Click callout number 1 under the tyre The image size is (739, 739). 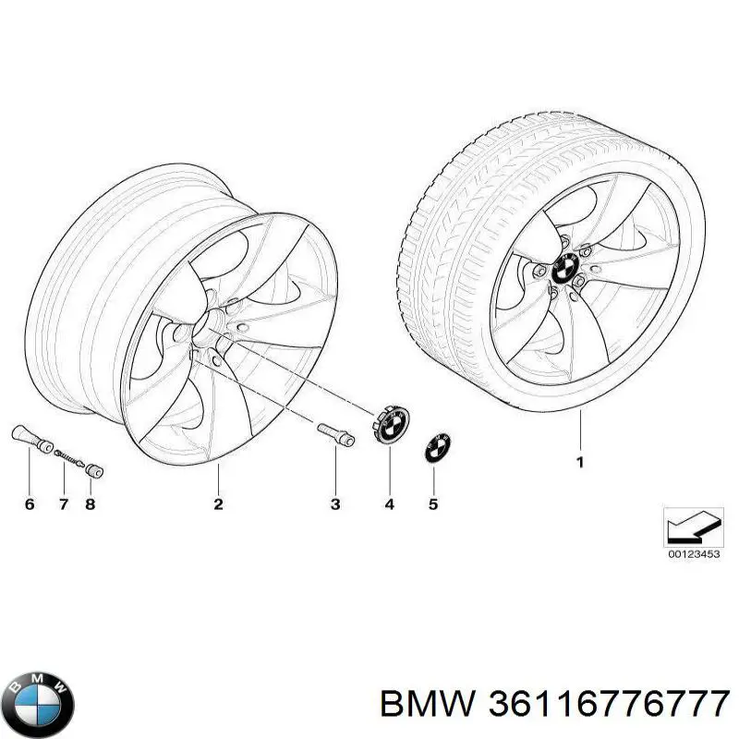click(x=580, y=463)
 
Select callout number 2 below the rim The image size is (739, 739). click(x=218, y=503)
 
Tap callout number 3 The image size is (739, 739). click(x=335, y=504)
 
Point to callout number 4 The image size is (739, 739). click(x=389, y=504)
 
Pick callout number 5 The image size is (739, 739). click(x=433, y=504)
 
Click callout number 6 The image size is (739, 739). click(x=30, y=504)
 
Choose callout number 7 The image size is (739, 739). click(x=64, y=504)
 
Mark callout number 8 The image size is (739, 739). click(x=90, y=504)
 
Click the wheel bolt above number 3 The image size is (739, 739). click(x=335, y=433)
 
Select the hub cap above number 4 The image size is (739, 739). click(x=391, y=423)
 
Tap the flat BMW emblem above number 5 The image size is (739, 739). click(x=437, y=447)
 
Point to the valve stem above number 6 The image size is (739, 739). click(x=32, y=438)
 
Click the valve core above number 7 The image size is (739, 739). click(x=69, y=457)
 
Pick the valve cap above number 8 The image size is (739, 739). click(x=94, y=470)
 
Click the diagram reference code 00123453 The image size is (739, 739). click(x=694, y=554)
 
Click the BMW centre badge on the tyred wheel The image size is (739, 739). click(x=565, y=268)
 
